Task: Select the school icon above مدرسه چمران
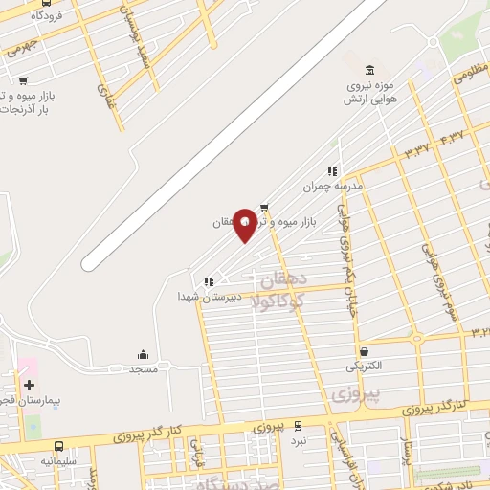(x=333, y=172)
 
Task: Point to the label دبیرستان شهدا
(x=199, y=297)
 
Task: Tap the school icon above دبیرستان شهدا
(x=208, y=281)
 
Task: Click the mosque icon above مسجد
(x=144, y=354)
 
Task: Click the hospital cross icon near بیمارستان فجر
(x=29, y=384)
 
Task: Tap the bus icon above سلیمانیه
(x=59, y=446)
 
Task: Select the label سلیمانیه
(x=59, y=460)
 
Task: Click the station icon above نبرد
(x=298, y=426)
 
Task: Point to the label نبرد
(x=299, y=441)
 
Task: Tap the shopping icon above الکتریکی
(x=364, y=351)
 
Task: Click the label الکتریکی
(x=364, y=367)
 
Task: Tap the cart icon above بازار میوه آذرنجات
(x=23, y=81)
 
